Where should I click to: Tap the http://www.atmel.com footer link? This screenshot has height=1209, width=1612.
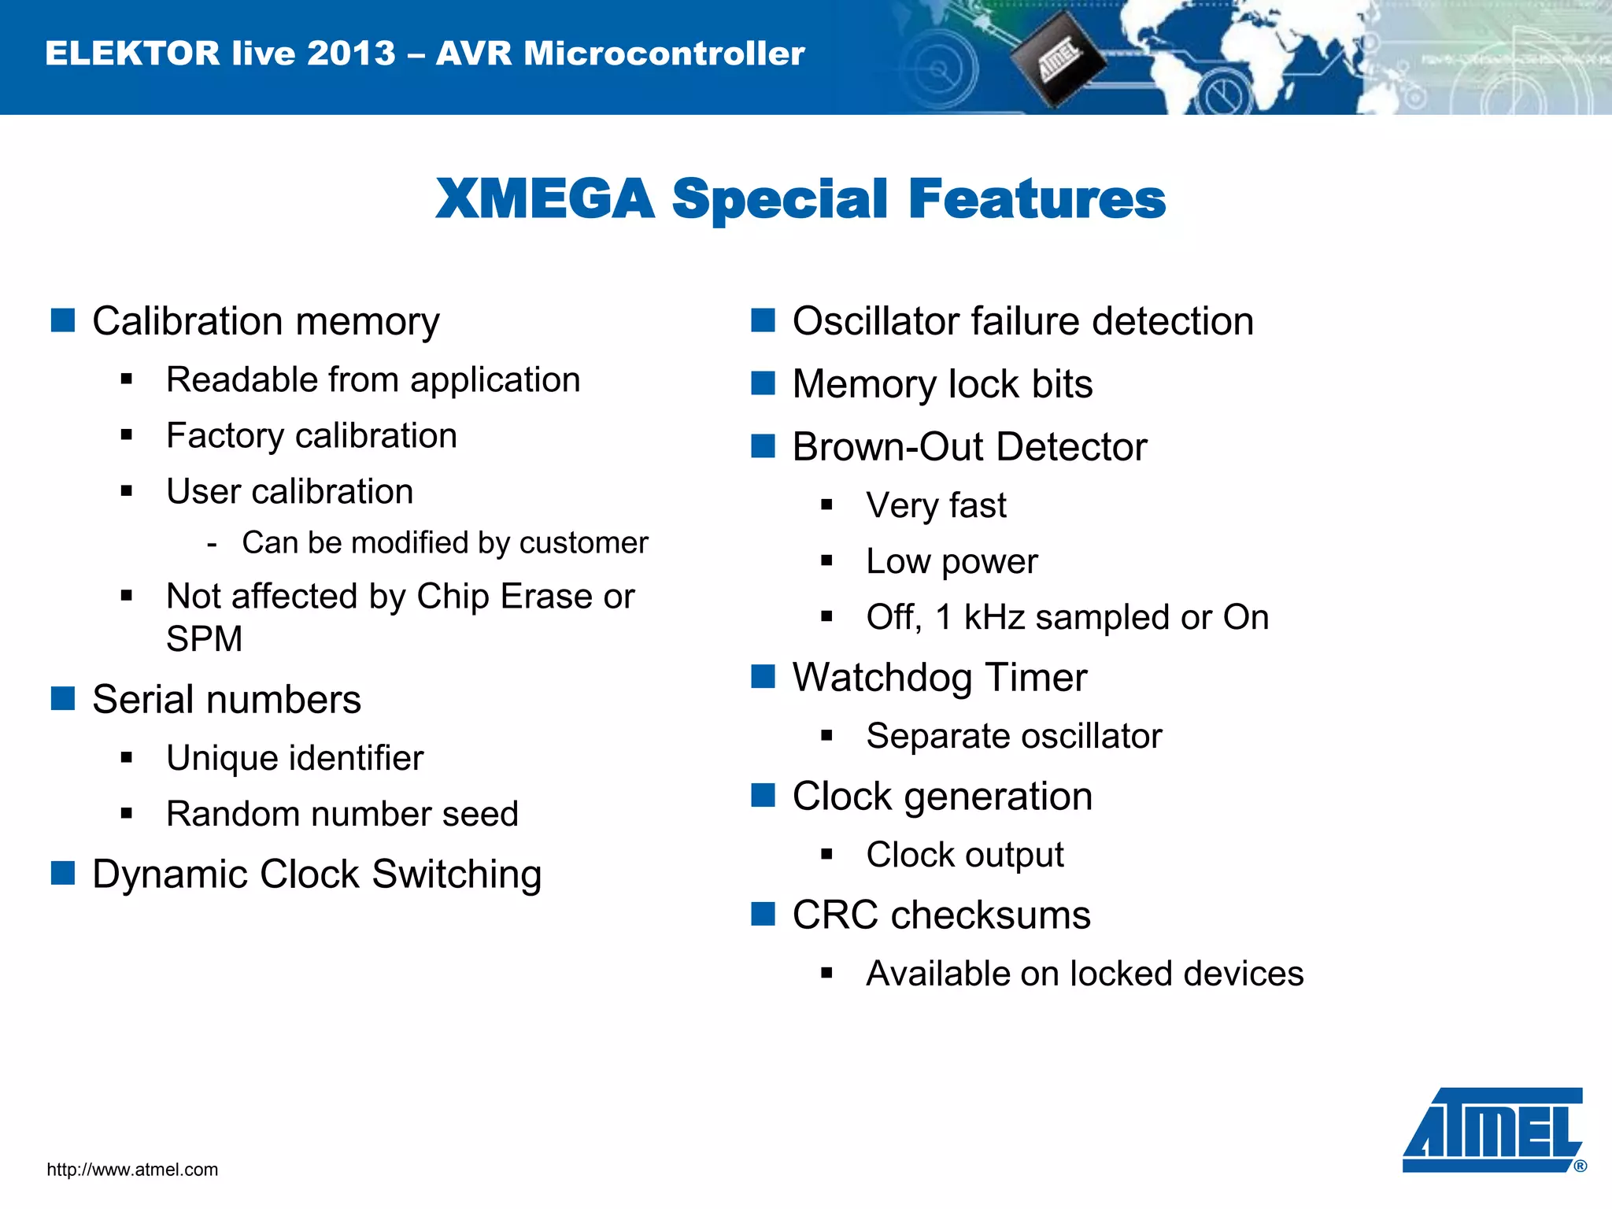click(132, 1170)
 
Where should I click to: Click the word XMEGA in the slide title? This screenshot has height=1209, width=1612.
click(545, 198)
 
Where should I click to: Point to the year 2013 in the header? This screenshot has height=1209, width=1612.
click(351, 54)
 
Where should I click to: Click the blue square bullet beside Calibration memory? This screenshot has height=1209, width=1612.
click(63, 320)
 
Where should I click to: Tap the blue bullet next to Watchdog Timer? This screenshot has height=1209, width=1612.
click(763, 676)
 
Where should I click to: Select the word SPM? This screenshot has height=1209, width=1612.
click(204, 638)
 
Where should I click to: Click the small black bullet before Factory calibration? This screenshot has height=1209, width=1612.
click(127, 435)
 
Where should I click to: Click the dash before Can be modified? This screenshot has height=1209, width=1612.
click(211, 544)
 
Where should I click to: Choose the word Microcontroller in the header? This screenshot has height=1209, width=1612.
click(664, 54)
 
